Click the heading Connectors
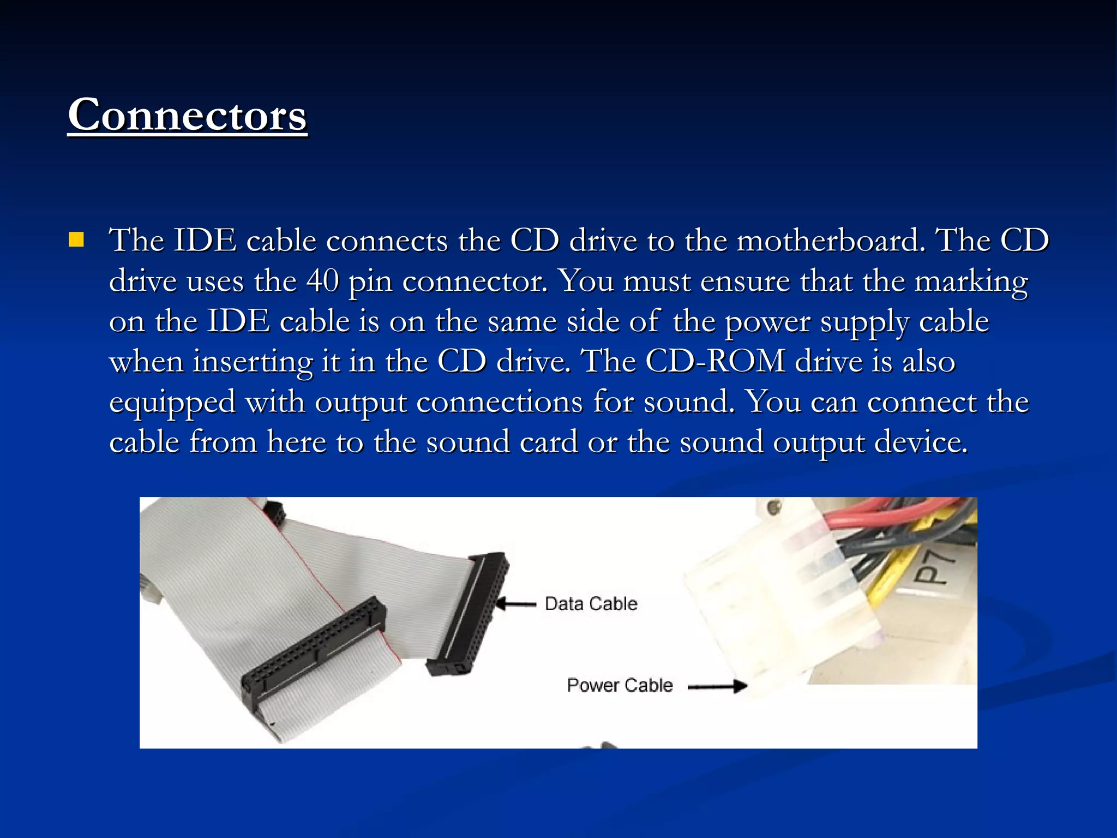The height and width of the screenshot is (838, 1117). coord(187,115)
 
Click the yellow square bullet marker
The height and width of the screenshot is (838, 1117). coord(76,240)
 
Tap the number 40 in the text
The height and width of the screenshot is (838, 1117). coord(322,282)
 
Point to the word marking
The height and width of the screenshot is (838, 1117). coord(970,282)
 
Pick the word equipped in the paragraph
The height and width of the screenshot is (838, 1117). coord(172,403)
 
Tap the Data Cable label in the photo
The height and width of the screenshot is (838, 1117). coord(591,603)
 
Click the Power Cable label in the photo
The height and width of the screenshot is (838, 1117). coord(620,685)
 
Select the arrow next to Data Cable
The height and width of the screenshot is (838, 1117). coord(516,603)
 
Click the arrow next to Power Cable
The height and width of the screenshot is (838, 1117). coord(718,686)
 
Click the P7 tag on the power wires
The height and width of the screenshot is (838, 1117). coord(933,567)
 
